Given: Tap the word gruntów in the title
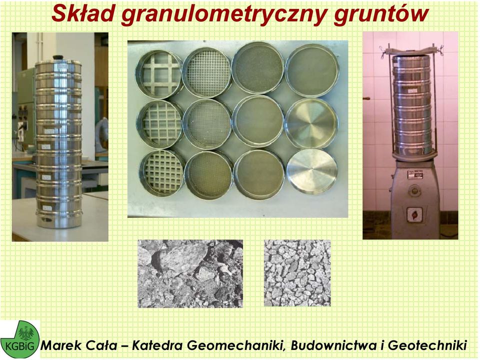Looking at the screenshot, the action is pos(381,14).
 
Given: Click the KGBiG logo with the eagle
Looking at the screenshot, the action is pos(20,339).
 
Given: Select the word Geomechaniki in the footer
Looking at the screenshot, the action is pos(237,345).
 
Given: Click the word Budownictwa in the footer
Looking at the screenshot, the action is pos(333,345).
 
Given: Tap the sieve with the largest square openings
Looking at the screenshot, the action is pos(159,74).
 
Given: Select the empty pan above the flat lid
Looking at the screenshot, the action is pos(311,123).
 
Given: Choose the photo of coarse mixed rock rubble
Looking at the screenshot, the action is pos(190,273).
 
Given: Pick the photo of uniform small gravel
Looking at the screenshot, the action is pos(297,273).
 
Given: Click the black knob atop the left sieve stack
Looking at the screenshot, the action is pos(58,57).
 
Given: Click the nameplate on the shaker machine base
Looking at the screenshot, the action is pos(415,175).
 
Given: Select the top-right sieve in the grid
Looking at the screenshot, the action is pos(312,70).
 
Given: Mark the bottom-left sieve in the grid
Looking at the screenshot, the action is pos(162,172).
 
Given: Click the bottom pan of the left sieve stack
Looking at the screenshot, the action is pos(58,220).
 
